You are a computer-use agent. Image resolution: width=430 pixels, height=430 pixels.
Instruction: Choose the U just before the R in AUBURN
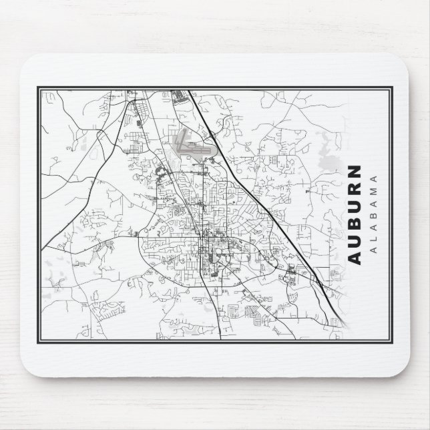pos(355,206)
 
